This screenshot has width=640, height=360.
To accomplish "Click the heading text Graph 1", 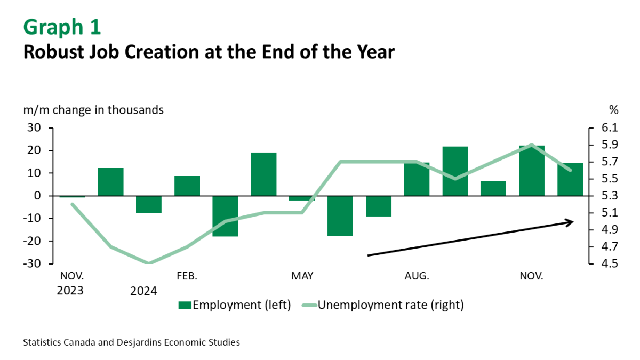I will (62, 27).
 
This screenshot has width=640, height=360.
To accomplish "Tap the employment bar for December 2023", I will (110, 182).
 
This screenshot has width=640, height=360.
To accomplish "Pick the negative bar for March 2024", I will (225, 216).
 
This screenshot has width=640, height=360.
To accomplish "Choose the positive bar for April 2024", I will (263, 174).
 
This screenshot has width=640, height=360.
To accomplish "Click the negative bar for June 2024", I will (340, 216).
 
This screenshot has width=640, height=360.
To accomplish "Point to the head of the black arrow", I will (572, 221).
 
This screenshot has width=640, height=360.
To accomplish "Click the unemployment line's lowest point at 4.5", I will (149, 263).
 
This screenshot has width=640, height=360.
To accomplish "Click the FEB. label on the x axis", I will (187, 276).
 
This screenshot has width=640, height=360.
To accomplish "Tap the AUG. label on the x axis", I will (417, 276).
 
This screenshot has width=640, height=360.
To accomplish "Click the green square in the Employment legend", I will (185, 305).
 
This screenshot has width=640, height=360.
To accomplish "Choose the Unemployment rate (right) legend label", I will (391, 305).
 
